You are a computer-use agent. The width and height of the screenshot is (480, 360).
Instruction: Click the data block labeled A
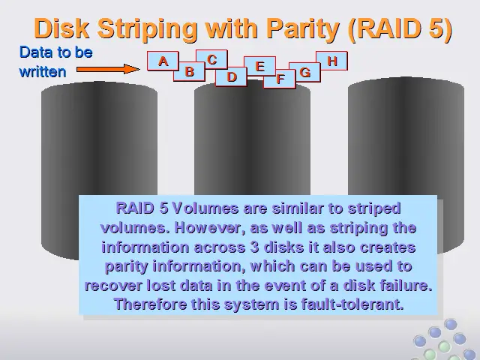163,61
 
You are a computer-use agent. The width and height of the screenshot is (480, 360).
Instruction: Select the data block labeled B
189,71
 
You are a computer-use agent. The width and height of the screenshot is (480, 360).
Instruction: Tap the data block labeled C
211,59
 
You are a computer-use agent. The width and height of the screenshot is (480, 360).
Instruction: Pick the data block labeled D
232,76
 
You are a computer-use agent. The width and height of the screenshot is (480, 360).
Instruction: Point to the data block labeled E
260,66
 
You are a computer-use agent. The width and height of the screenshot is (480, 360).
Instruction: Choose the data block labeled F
280,79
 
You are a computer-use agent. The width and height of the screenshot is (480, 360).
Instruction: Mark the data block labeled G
305,72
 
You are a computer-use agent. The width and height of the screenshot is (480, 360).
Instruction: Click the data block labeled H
331,61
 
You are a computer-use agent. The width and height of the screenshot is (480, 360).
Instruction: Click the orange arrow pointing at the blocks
108,69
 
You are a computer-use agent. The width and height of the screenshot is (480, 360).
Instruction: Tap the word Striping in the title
148,28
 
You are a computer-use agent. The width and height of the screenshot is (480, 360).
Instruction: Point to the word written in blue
43,72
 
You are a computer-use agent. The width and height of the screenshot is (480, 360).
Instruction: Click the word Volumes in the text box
205,208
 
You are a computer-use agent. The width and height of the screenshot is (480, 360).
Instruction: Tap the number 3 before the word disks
255,247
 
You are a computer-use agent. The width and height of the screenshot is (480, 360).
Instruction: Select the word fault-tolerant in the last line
352,304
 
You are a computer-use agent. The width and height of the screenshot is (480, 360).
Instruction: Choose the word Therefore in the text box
150,304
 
